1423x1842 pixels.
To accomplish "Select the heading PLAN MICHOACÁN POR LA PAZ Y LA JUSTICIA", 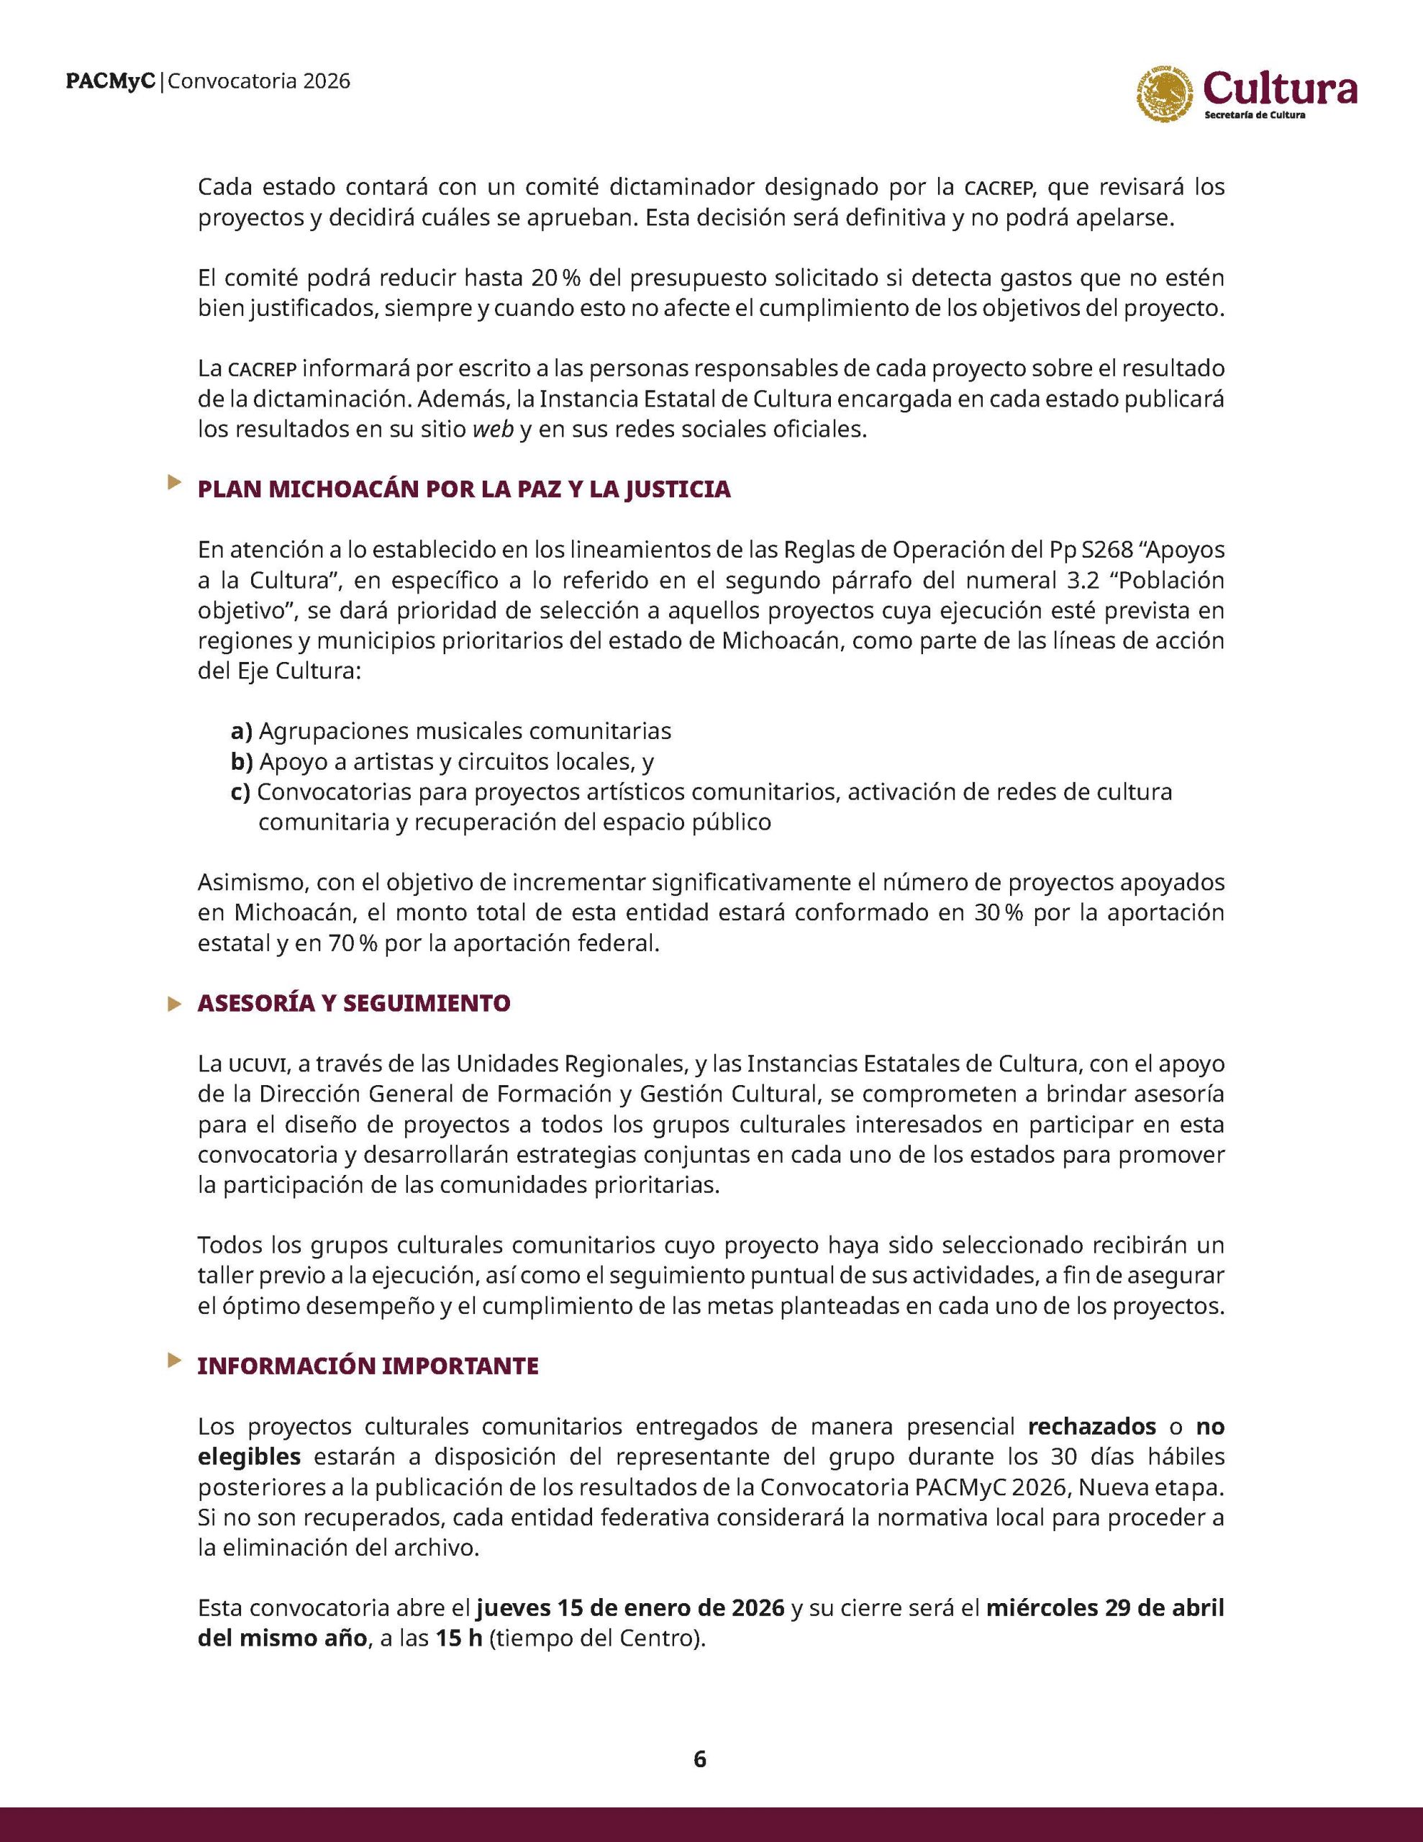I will pos(464,490).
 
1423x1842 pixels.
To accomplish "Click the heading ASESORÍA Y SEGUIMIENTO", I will pos(353,1004).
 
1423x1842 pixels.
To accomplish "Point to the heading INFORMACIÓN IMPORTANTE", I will pos(368,1367).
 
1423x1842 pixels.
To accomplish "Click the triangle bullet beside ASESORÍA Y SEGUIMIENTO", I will pos(175,1004).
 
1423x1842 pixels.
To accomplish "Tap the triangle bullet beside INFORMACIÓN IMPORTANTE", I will pos(175,1360).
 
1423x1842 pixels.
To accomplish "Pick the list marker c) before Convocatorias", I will pos(240,793).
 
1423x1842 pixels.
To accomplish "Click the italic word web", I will pos(494,430).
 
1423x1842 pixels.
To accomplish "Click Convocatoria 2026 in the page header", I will pos(260,82).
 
